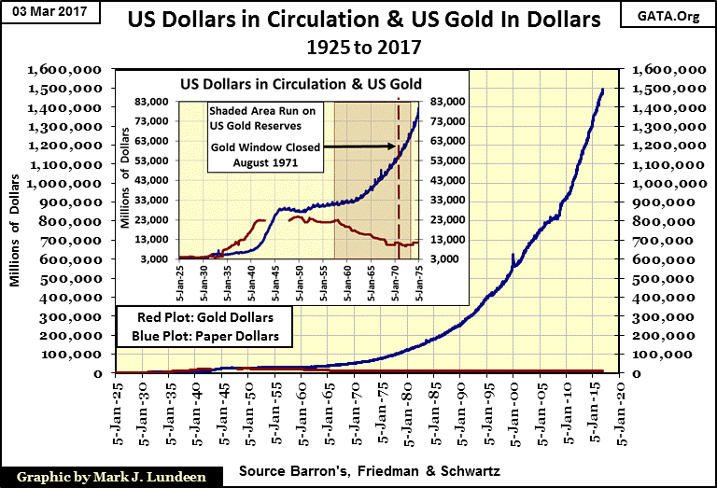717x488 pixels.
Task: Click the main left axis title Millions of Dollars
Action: [x=16, y=220]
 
